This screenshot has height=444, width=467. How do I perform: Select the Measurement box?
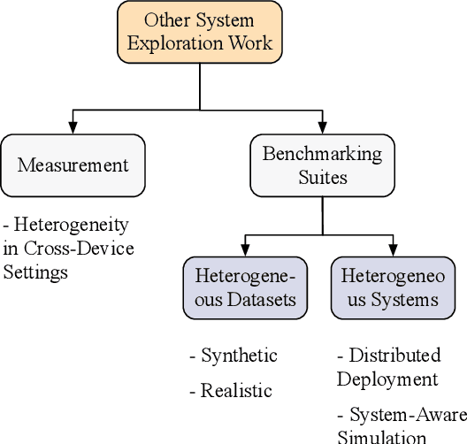click(73, 165)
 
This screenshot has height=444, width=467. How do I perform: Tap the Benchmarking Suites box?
click(322, 165)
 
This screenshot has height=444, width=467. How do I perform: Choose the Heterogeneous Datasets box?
click(247, 287)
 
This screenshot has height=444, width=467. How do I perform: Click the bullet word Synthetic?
click(239, 356)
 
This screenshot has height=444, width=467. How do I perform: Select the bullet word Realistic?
click(236, 390)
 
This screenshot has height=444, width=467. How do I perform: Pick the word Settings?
click(35, 272)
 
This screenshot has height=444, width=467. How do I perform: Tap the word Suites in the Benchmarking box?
click(322, 176)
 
